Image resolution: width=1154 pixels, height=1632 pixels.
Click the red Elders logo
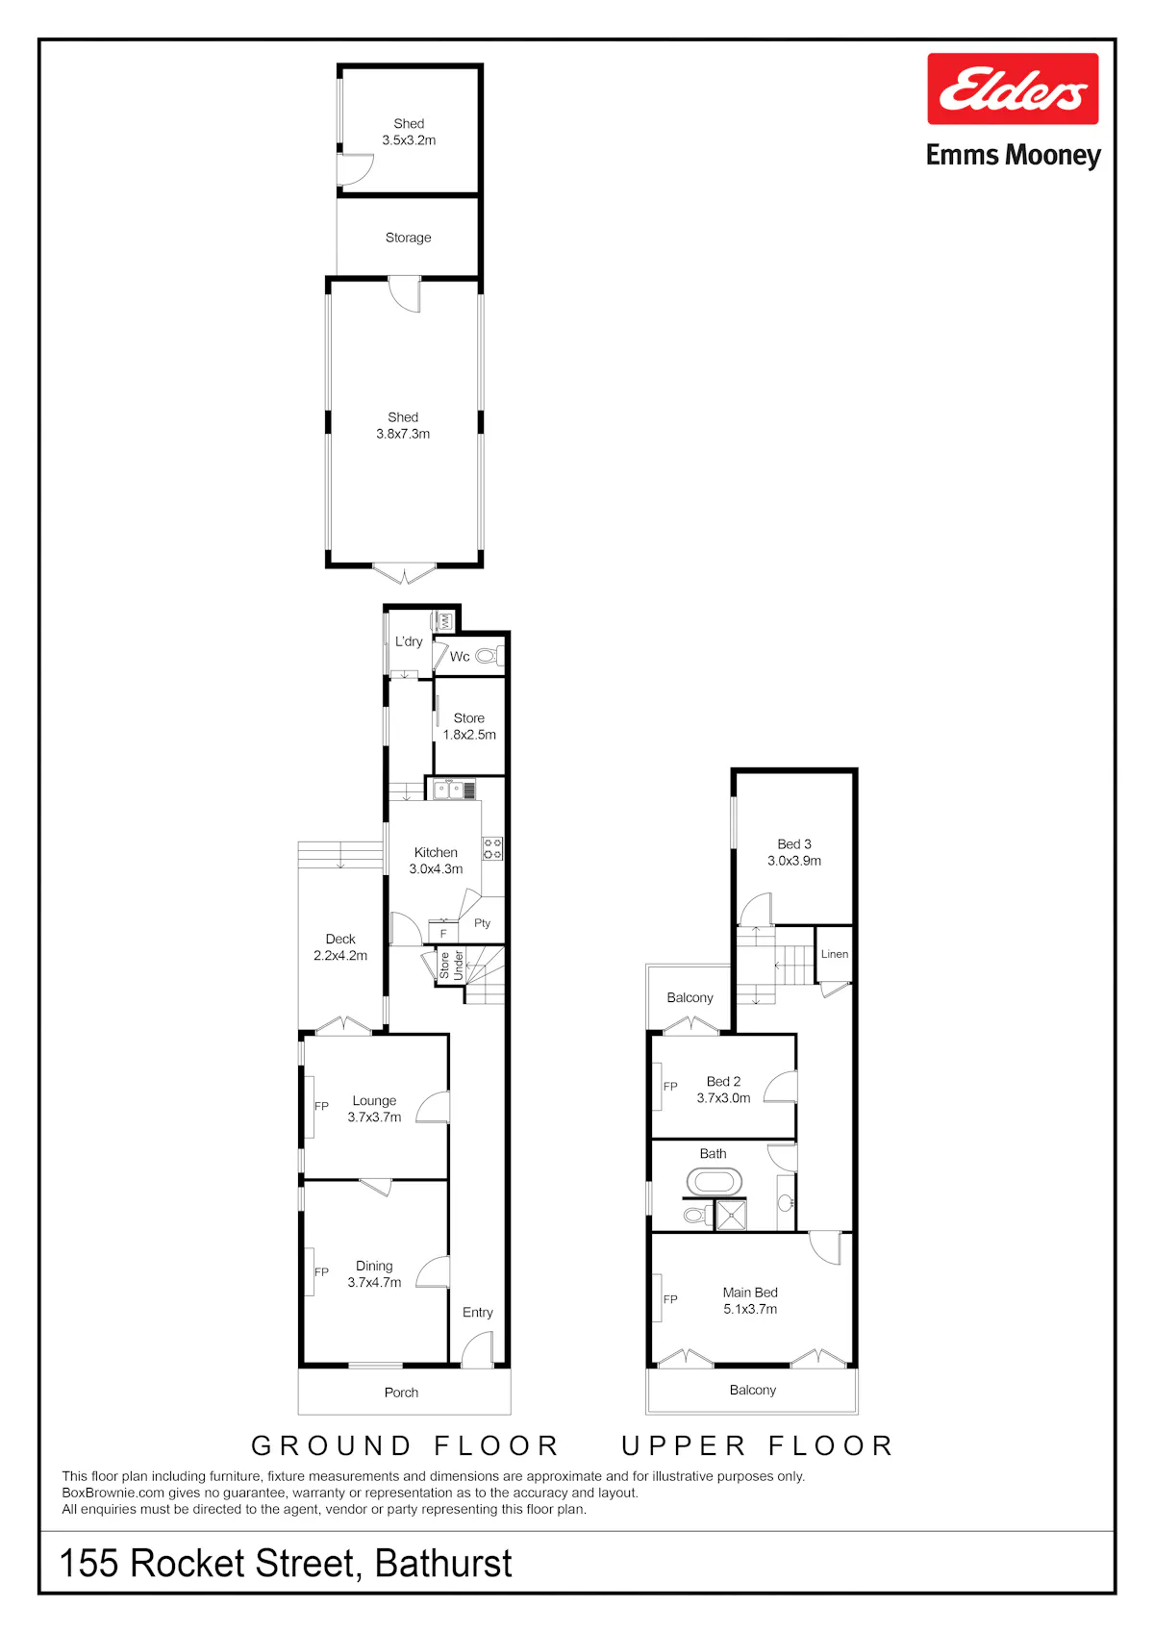(1012, 88)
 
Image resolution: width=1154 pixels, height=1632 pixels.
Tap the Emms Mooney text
(1013, 155)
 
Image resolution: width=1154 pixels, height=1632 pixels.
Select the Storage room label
(408, 238)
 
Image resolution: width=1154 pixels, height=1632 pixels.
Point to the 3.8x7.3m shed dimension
(403, 435)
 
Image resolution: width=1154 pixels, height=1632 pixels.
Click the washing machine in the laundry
(443, 621)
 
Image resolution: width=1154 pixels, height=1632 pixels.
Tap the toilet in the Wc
(489, 657)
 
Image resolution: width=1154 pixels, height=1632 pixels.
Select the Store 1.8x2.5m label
(469, 726)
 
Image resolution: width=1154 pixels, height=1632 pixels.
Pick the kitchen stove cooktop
(492, 849)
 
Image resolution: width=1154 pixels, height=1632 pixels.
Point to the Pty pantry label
(483, 923)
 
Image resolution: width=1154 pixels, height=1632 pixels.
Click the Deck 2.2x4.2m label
(340, 947)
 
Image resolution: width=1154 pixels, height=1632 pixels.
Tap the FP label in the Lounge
(321, 1106)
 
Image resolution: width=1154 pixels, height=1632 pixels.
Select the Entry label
(478, 1312)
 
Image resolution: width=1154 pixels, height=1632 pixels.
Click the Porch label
(401, 1393)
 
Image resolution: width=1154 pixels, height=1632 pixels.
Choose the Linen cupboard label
(834, 954)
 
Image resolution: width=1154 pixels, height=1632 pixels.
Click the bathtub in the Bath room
(714, 1181)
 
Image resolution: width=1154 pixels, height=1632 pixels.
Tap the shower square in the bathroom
(731, 1216)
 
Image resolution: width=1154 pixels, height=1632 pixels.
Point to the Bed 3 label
(794, 844)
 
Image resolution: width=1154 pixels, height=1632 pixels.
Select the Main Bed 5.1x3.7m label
(750, 1300)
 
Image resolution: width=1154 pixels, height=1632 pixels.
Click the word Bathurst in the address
(443, 1562)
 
